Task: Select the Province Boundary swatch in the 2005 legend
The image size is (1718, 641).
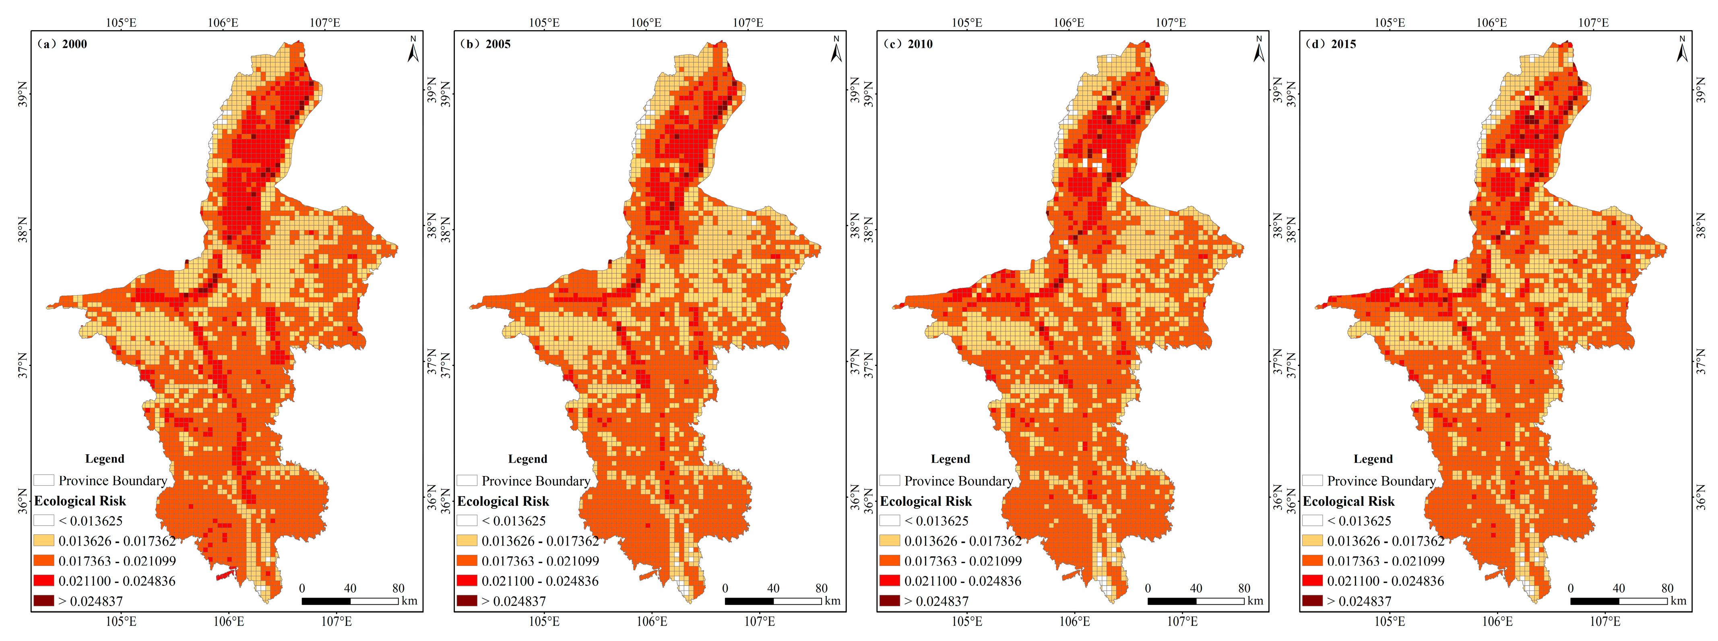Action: [x=467, y=480]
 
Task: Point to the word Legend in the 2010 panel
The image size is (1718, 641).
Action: [x=950, y=459]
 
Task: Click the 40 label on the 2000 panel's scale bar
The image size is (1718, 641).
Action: [x=350, y=588]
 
